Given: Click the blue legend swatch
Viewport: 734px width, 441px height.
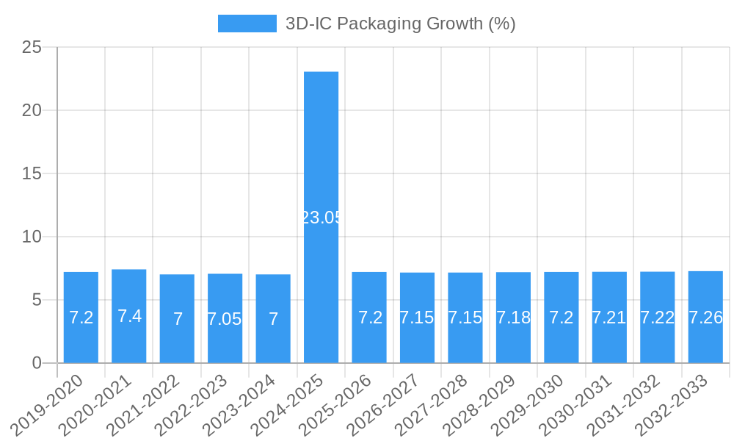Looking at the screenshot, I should pyautogui.click(x=247, y=24).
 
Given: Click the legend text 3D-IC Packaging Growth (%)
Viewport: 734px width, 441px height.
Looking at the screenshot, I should pyautogui.click(x=400, y=24).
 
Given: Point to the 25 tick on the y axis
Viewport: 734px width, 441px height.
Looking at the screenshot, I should pyautogui.click(x=32, y=48).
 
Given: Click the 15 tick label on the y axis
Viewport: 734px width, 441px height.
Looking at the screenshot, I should pyautogui.click(x=32, y=174).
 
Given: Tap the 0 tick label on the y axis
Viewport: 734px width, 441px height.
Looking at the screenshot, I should pyautogui.click(x=37, y=363).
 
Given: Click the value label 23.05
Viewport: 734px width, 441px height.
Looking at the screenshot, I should pyautogui.click(x=321, y=218).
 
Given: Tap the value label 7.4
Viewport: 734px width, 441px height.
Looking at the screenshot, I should pyautogui.click(x=129, y=316).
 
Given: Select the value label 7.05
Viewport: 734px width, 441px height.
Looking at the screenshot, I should pyautogui.click(x=225, y=319).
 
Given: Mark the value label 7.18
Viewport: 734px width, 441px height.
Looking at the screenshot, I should pyautogui.click(x=513, y=318).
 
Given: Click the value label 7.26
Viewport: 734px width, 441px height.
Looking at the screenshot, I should pyautogui.click(x=705, y=318).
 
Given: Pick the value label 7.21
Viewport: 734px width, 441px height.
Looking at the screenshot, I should pyautogui.click(x=609, y=318).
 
